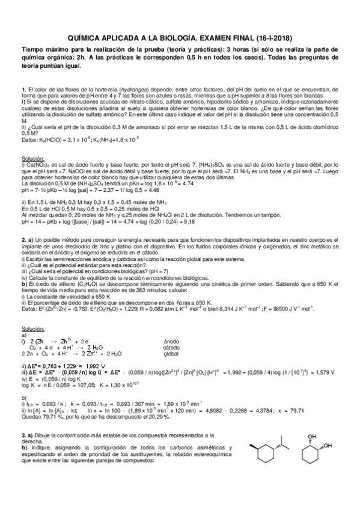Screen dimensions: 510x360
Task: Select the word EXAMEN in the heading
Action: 202,35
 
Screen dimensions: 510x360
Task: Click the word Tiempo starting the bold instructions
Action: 31,48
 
